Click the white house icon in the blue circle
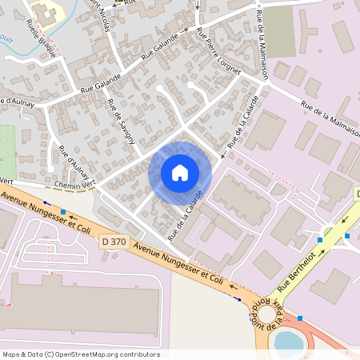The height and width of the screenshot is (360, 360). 180,172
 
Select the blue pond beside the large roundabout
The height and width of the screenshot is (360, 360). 289,341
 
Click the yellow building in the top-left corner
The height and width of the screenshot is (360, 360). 45,11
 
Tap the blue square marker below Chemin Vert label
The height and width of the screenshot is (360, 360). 62,211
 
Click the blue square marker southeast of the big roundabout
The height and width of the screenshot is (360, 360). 300,318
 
